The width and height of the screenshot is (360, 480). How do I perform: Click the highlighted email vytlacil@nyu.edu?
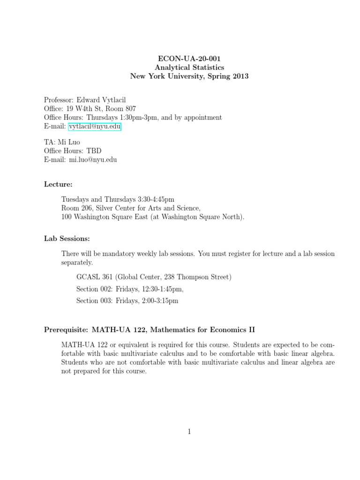tap(95, 127)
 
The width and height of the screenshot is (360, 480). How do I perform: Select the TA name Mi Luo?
tap(65, 142)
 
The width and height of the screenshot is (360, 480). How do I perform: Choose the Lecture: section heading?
tap(58, 184)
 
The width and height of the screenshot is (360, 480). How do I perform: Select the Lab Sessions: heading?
tap(67, 239)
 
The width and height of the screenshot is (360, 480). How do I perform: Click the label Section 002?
tap(94, 289)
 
